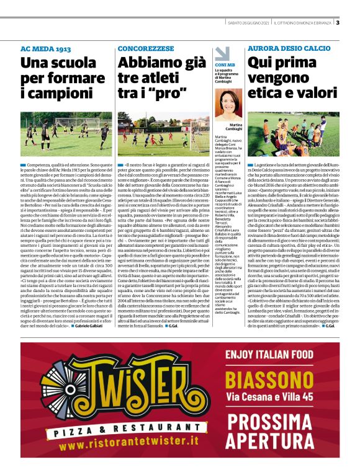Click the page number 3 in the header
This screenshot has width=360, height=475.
[338, 24]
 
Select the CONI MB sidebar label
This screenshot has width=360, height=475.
[225, 64]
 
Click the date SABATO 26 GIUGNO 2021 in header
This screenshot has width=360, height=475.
[248, 24]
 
